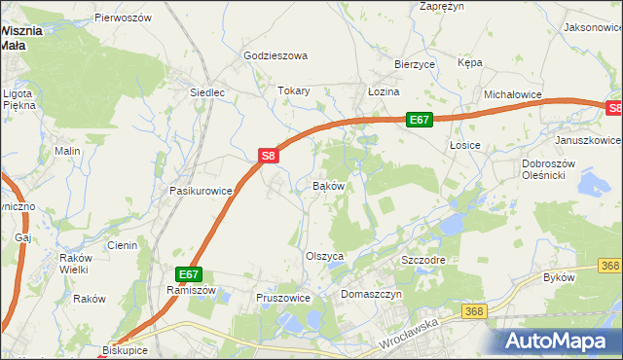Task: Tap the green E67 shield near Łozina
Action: pos(419,120)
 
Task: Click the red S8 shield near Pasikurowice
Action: pos(270,155)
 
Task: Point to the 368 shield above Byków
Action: pos(610,266)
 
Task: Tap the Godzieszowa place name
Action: pos(275,56)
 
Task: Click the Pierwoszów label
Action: pos(123,18)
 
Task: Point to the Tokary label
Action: pos(293,91)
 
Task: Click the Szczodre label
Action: pos(423,262)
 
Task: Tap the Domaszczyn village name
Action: pos(371,293)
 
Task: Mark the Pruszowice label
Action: pos(282,298)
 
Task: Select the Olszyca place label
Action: pos(325,256)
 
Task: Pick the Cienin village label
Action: pos(122,245)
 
